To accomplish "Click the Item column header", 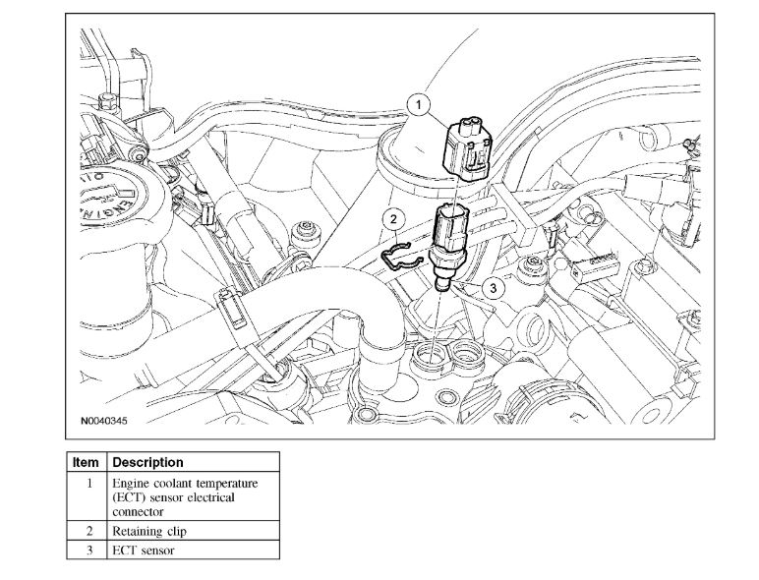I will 87,461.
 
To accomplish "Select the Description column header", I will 147,461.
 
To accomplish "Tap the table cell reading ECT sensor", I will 143,551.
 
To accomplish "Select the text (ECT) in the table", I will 130,498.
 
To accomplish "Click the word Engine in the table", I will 133,484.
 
